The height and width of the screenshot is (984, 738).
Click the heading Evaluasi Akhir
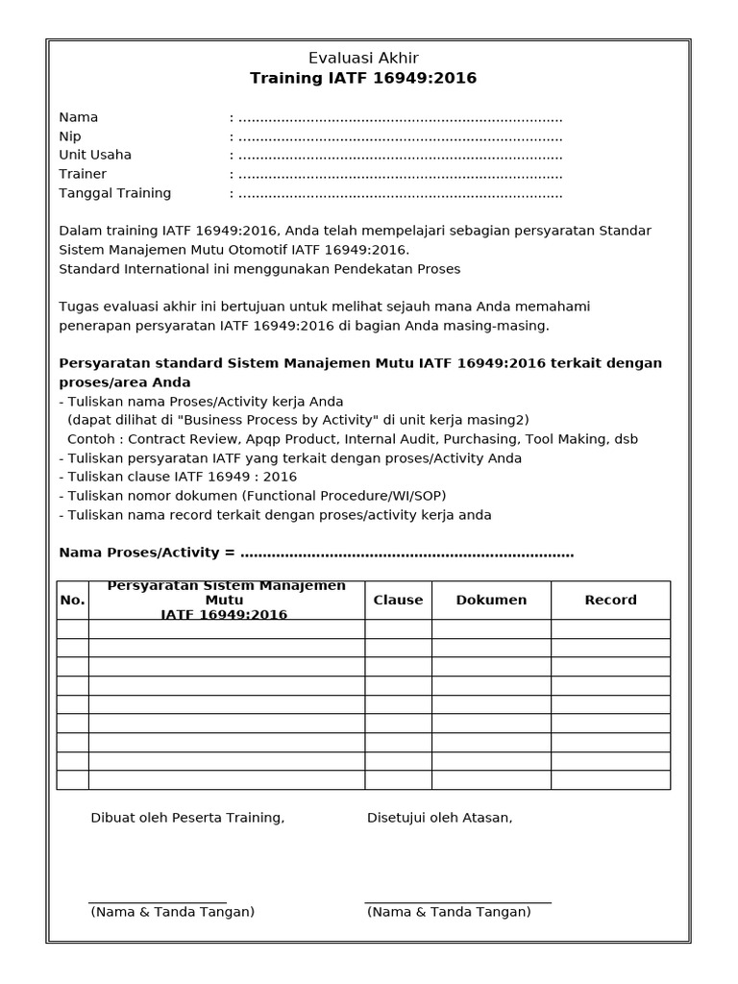(363, 58)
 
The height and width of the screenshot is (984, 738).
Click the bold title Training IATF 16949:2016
(363, 78)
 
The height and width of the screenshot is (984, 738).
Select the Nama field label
(79, 117)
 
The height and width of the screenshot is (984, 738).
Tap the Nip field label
(70, 136)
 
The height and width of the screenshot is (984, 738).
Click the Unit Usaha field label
(95, 155)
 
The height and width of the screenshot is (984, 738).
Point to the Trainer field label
(83, 174)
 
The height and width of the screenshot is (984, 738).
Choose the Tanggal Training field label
(115, 193)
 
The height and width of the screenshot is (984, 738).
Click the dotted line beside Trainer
(400, 175)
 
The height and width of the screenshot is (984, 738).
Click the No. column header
(73, 601)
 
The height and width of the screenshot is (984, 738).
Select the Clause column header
(398, 600)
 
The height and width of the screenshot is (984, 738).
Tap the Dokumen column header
(491, 600)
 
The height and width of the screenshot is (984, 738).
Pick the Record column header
(610, 600)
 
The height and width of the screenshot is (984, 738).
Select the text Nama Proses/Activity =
(147, 553)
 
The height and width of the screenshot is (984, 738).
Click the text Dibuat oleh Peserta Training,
(187, 818)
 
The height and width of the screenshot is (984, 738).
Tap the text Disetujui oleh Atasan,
(439, 818)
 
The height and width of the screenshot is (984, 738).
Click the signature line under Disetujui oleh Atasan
(457, 902)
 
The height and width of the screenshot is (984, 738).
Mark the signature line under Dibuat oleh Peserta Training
(158, 902)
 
